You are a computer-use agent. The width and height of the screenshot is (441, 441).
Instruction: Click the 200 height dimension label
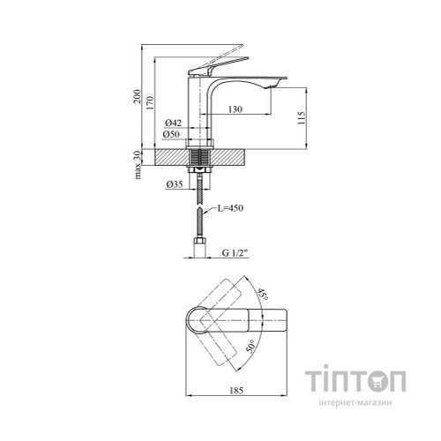(137, 96)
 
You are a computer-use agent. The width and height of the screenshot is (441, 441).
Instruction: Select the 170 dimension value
(150, 102)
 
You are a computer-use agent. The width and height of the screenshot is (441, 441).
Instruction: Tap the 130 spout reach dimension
(235, 109)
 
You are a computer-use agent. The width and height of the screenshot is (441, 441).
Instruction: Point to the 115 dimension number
(302, 118)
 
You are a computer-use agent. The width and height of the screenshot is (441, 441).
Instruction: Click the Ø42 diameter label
(173, 123)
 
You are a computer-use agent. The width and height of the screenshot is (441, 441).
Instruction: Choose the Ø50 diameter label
(171, 134)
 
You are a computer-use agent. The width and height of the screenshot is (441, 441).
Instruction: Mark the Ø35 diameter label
(175, 184)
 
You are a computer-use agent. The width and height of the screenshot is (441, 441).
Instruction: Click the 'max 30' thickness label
(137, 166)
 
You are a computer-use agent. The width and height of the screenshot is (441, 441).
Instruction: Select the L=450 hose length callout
(230, 208)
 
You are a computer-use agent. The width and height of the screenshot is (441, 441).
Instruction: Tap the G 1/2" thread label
(235, 252)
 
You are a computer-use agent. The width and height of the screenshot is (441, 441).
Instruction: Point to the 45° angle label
(263, 295)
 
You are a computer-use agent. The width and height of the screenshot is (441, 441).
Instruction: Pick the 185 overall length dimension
(236, 391)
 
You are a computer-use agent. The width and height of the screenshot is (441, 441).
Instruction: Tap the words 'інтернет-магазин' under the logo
(355, 403)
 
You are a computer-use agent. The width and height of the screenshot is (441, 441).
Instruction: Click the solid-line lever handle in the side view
(218, 66)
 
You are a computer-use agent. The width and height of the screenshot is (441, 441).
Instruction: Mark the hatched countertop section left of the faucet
(171, 157)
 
